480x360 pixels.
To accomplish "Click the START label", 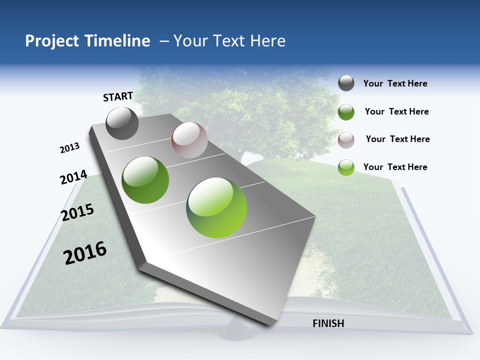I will point(118,96).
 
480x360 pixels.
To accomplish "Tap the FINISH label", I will point(328,323).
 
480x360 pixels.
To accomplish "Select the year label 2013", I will point(69,148).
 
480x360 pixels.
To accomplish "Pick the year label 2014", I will point(73,177).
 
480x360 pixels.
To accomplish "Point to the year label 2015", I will point(77,212).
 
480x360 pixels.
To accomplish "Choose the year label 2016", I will point(85,253).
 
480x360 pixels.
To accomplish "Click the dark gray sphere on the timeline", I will point(122,123).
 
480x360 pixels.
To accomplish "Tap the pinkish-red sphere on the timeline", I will point(189,140).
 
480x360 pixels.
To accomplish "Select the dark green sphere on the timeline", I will point(145,180).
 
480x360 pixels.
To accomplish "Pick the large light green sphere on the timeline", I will point(216,207).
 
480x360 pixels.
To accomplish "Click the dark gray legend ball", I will point(346,83).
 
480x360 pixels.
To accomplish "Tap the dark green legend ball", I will point(346,112).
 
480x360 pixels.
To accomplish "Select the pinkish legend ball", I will point(346,139).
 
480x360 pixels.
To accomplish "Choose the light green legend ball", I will point(346,167).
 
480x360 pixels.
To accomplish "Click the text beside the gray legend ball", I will point(395,83).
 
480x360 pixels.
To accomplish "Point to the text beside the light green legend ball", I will point(395,167).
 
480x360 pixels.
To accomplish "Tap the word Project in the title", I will point(52,41).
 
